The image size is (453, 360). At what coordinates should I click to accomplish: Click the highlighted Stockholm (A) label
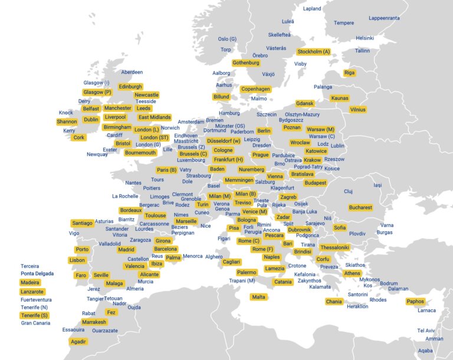point(314,52)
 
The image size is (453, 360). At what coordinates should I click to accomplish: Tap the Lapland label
point(312,9)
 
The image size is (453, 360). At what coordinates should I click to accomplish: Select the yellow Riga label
point(350,73)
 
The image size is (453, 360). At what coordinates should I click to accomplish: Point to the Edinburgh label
point(130,87)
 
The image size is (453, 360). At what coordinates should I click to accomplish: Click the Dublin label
point(91,119)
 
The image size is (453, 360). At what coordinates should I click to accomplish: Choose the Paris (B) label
point(166,170)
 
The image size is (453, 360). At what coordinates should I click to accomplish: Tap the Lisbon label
point(77,260)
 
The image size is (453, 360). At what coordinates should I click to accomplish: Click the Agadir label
point(78,342)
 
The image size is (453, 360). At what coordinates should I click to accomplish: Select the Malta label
point(258,297)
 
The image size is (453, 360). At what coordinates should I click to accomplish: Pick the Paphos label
point(415,302)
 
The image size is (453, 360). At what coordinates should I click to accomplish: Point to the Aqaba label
point(425,351)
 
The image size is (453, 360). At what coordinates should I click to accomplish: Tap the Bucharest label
point(360,208)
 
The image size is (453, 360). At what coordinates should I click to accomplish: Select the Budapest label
point(316,183)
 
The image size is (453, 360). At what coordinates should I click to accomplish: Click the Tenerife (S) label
point(35,315)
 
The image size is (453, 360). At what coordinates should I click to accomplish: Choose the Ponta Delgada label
point(37,274)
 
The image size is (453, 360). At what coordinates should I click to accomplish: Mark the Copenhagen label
point(255,89)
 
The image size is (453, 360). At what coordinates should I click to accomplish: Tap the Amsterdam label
point(191,122)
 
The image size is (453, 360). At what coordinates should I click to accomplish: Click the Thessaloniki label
point(334,247)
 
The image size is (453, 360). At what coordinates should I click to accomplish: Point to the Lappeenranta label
point(385,18)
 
